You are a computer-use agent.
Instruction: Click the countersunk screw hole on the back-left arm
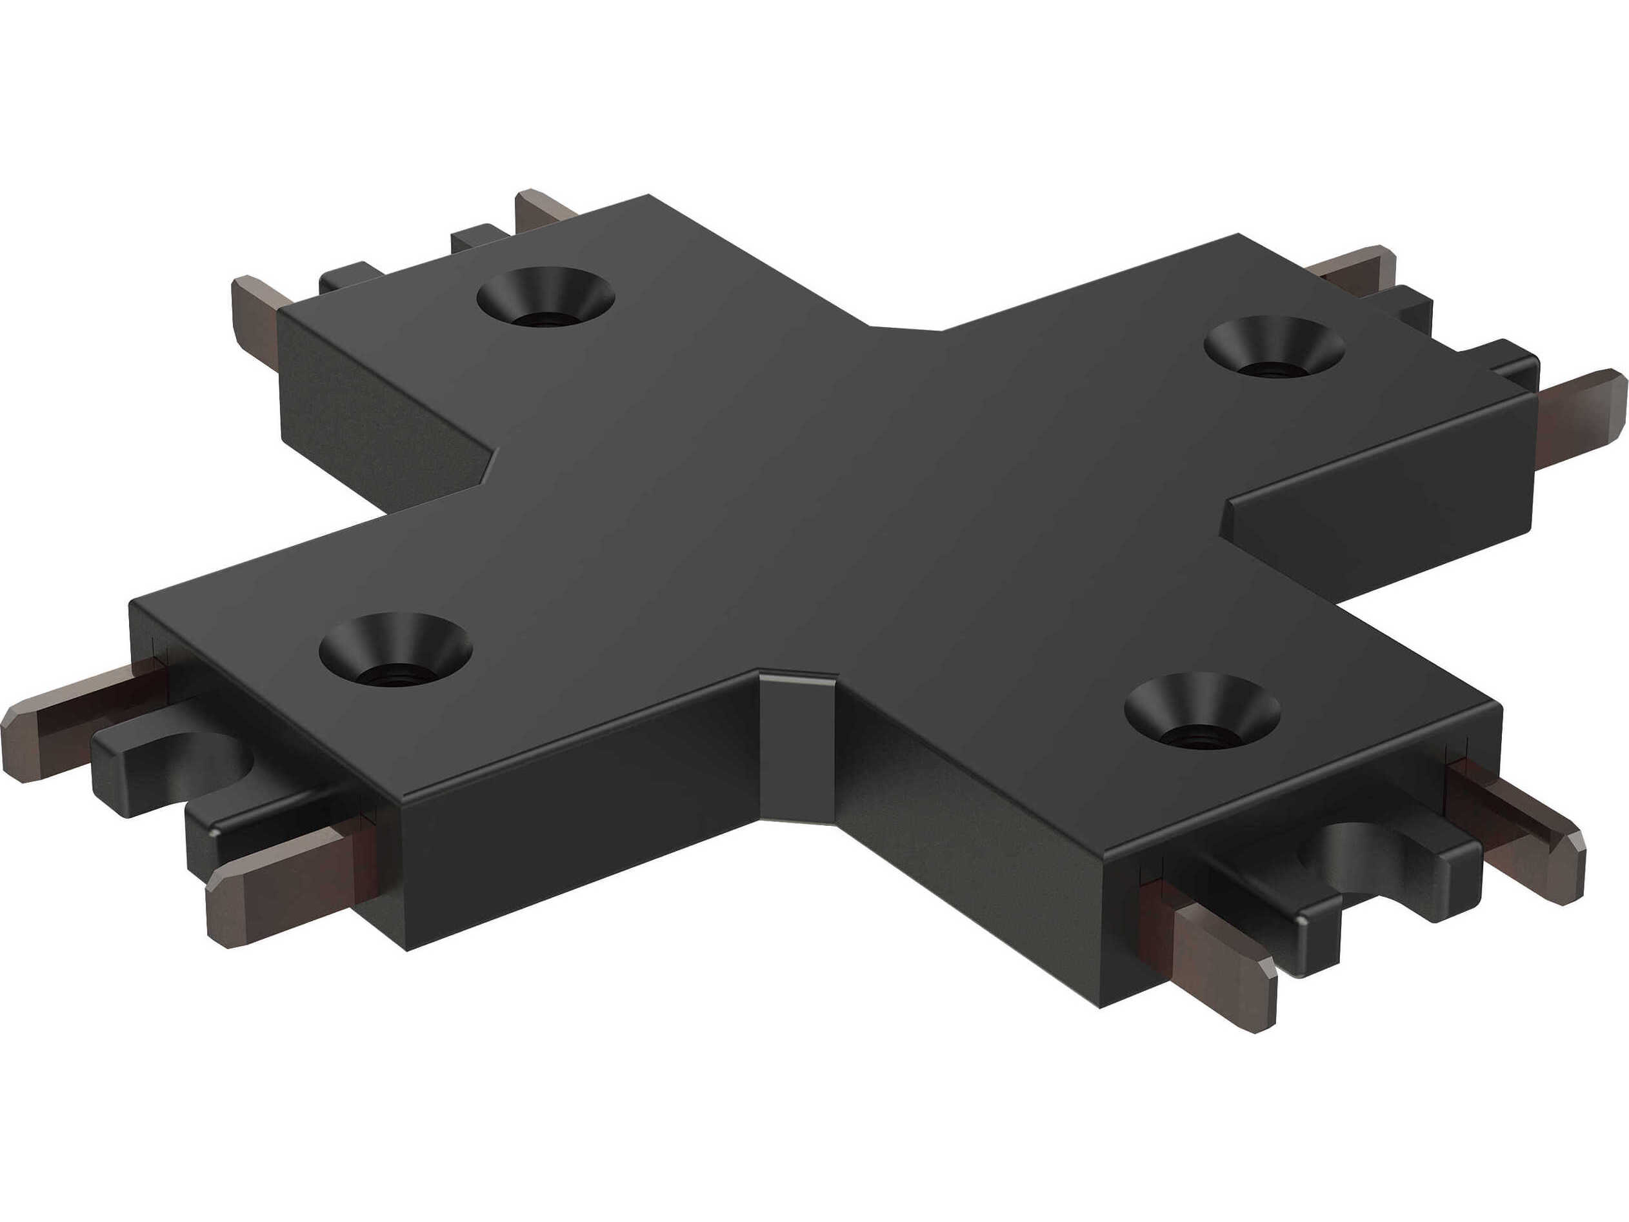pyautogui.click(x=545, y=298)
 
